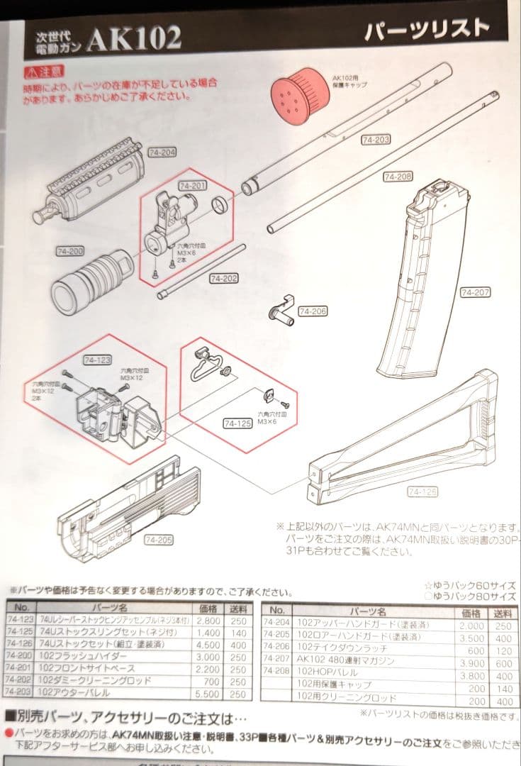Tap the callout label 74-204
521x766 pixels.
click(x=162, y=152)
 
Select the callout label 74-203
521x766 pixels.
click(x=376, y=140)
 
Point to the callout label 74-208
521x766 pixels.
click(x=397, y=177)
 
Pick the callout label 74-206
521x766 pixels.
click(x=313, y=311)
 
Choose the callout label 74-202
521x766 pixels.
click(x=224, y=279)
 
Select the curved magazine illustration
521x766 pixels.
click(x=418, y=284)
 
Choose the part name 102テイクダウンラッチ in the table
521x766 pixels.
click(x=329, y=650)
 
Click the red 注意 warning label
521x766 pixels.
click(x=44, y=71)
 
